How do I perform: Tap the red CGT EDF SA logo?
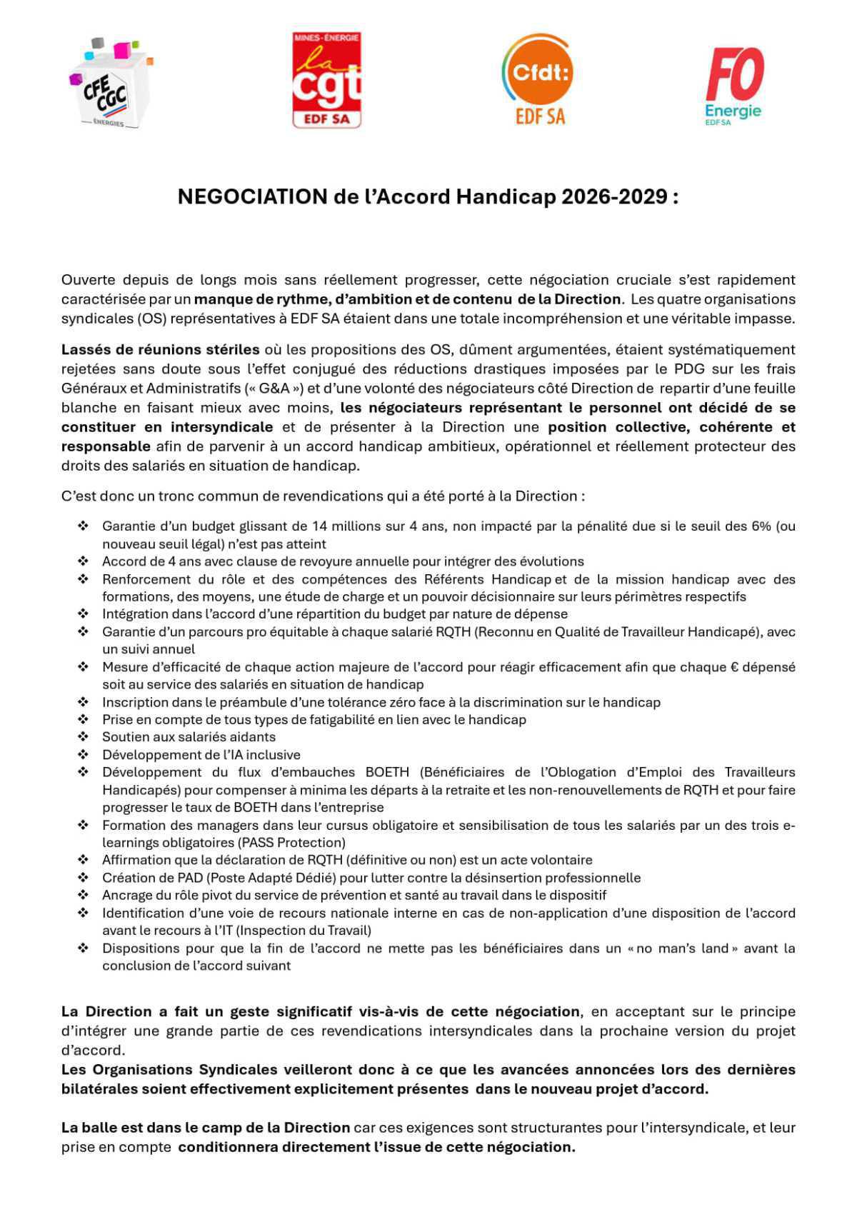click(326, 80)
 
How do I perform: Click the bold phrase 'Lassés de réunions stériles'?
click(160, 350)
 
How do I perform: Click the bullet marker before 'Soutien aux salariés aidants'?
click(83, 737)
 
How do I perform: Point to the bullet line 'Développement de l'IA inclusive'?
click(201, 755)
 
